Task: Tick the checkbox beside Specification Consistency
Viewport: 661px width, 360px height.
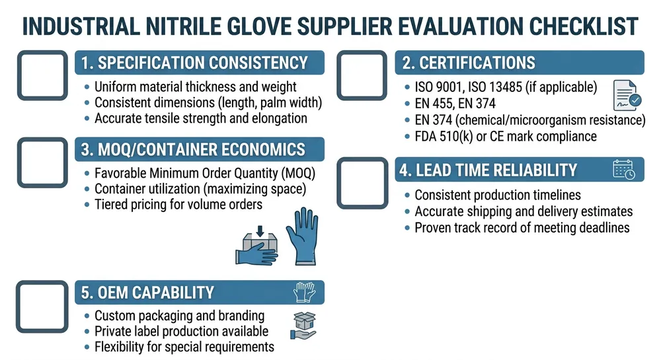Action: coord(42,75)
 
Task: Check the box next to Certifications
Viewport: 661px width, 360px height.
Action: coord(362,75)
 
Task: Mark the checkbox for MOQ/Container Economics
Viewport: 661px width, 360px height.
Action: coord(42,162)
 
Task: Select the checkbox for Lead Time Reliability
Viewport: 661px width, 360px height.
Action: coord(362,183)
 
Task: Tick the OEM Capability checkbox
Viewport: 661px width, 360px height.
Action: coord(42,305)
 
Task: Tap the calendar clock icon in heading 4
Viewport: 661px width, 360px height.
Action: coord(624,169)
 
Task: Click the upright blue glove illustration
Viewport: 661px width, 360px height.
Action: coord(302,238)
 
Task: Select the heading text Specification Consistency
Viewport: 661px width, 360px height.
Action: coord(195,63)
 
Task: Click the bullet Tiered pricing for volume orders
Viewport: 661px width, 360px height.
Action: coord(178,204)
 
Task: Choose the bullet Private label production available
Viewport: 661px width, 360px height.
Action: coord(181,331)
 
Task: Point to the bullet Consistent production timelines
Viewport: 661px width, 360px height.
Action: coord(498,196)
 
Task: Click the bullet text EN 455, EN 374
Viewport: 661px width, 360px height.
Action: coord(455,103)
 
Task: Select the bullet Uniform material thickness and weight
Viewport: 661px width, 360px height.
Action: coord(196,87)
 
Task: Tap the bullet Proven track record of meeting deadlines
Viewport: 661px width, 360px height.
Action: coord(522,227)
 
